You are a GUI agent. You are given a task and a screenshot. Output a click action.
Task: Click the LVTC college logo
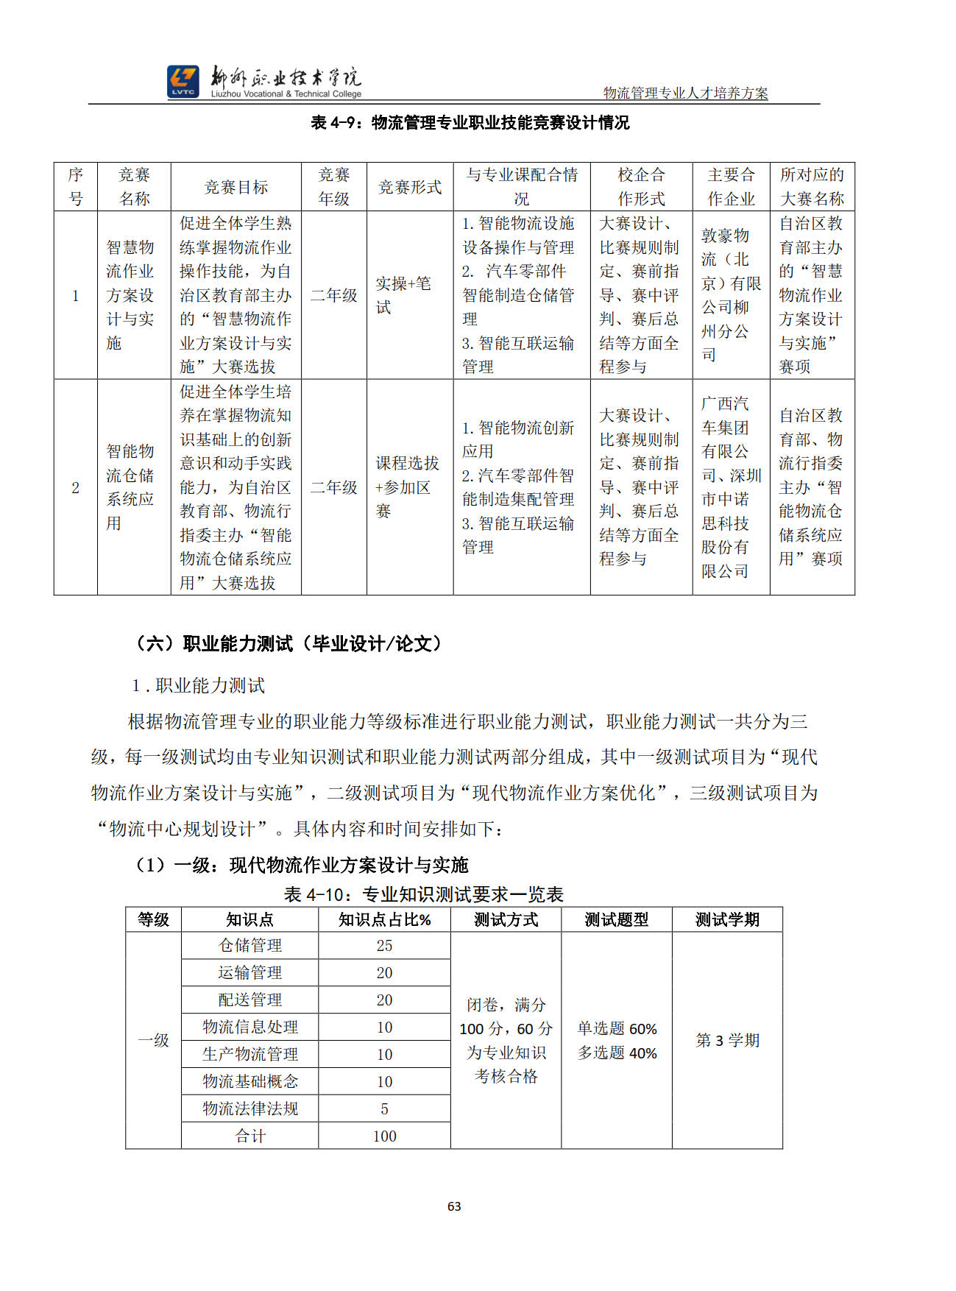point(183,81)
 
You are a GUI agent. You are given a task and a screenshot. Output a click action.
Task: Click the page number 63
point(454,1206)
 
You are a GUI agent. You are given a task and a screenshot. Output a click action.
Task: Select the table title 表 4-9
point(470,123)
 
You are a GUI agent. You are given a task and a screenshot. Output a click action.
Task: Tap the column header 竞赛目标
point(236,187)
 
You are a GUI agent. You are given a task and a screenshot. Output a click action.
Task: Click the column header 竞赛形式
point(409,187)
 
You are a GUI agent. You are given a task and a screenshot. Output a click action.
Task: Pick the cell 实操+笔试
point(403,295)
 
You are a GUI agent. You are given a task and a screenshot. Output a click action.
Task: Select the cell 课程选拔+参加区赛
point(407,487)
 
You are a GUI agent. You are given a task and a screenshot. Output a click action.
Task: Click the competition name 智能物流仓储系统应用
point(130,487)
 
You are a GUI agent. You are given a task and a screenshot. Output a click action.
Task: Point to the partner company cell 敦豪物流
point(730,295)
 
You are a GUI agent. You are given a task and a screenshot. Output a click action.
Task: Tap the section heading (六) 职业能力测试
point(289,644)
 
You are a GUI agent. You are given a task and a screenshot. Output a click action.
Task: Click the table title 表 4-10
point(423,894)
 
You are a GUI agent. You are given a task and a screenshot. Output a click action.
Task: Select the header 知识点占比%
point(384,919)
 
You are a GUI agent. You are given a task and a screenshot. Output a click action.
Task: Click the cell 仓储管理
point(250,946)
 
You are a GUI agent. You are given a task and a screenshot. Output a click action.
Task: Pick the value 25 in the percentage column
point(384,946)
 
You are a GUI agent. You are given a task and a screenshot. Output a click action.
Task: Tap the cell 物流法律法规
point(250,1108)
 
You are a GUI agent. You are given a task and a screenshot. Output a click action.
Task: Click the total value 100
point(384,1136)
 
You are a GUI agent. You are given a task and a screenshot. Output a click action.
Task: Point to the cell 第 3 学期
point(727,1040)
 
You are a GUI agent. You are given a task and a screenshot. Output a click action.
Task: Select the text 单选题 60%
point(617,1028)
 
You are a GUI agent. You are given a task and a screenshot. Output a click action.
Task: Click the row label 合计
point(250,1136)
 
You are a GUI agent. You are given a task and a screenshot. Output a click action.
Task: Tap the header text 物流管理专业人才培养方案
point(685,93)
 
